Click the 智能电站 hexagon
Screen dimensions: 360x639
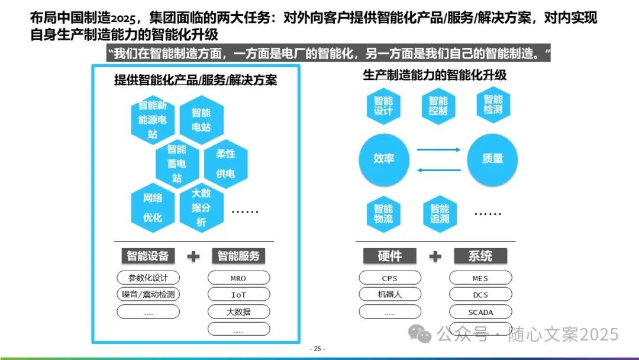(x=201, y=120)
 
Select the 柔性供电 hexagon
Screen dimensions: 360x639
(x=225, y=163)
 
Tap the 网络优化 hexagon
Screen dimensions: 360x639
(x=153, y=208)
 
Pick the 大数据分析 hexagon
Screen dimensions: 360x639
(x=201, y=208)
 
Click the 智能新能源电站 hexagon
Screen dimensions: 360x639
(x=153, y=120)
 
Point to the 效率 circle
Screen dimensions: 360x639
(x=384, y=159)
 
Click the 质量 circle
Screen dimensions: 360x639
(x=492, y=159)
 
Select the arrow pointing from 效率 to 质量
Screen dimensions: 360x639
(x=438, y=150)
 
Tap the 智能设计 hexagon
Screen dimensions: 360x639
(x=383, y=105)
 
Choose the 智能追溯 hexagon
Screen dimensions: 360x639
(x=439, y=214)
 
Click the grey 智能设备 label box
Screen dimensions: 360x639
(x=148, y=256)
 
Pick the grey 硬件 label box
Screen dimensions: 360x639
(x=389, y=256)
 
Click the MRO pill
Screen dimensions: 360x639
(x=238, y=278)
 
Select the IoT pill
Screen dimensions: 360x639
(x=238, y=294)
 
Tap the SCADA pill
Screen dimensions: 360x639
(x=480, y=311)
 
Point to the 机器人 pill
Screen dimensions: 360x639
(x=390, y=294)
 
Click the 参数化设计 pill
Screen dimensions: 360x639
(x=148, y=278)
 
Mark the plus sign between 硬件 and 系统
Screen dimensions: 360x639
(x=435, y=256)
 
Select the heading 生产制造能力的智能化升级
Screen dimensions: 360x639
(x=434, y=76)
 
